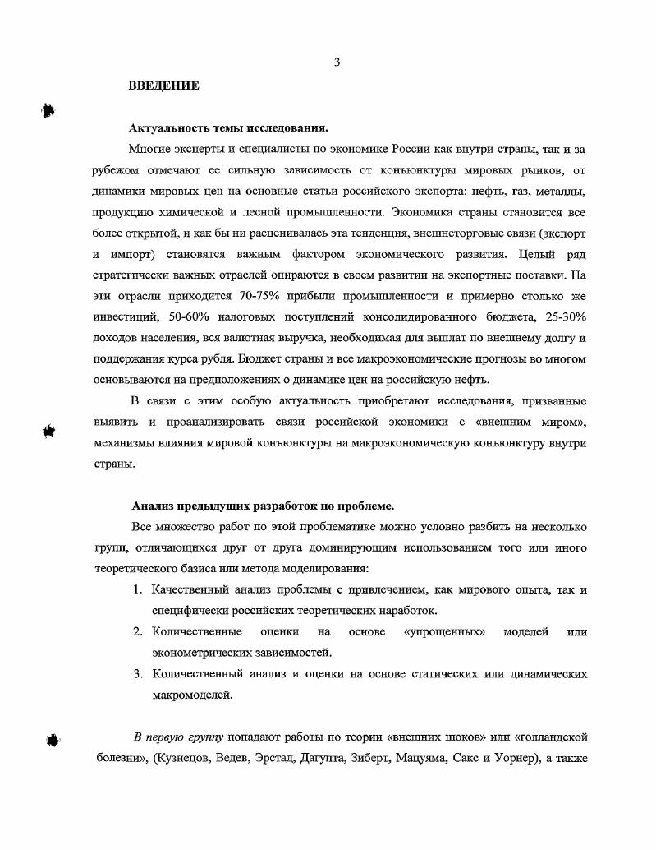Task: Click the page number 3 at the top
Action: pos(337,63)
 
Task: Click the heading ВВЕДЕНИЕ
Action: pos(163,85)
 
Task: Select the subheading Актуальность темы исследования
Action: pos(228,128)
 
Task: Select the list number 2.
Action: pos(138,632)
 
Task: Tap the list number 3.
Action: pos(138,674)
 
